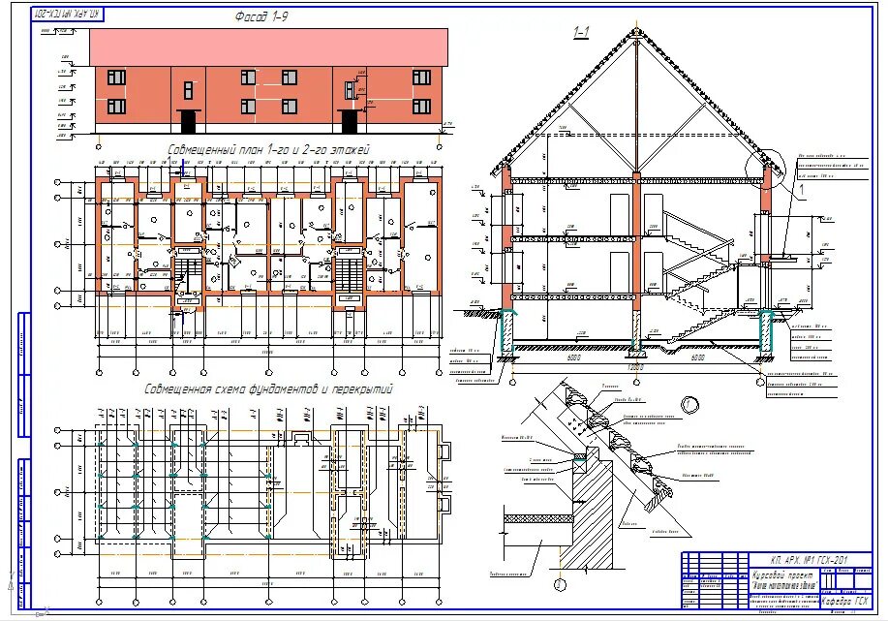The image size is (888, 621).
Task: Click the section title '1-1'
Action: [581, 33]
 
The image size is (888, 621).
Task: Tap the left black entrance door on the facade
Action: [188, 121]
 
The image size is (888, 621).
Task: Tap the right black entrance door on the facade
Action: [349, 121]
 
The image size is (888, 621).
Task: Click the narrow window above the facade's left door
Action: [188, 90]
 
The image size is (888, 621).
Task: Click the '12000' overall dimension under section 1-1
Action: [635, 368]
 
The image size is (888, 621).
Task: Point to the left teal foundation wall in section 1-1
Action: [506, 329]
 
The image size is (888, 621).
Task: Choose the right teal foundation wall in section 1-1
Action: [766, 329]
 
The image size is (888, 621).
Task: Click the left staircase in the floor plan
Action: [188, 274]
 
